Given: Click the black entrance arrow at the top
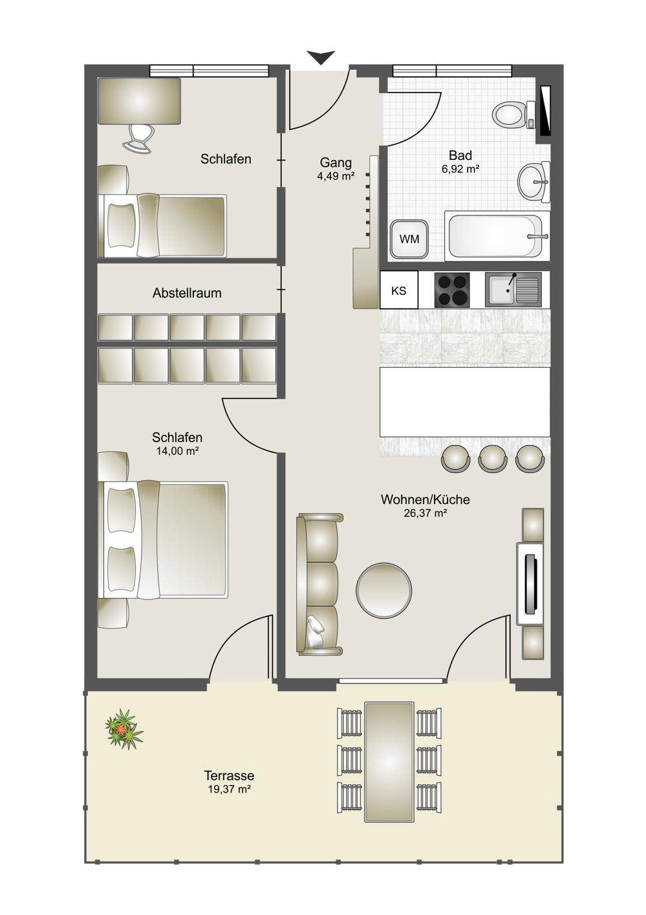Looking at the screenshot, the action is pos(321,57).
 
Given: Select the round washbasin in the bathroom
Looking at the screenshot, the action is pos(534,182).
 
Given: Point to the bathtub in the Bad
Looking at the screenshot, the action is pos(497,236).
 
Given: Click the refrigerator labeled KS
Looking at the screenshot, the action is pos(399,291).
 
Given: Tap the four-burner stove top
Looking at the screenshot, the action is pos(452,290).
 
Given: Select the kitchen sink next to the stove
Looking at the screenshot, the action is pos(513,290).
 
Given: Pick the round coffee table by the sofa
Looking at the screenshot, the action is pos(383,590).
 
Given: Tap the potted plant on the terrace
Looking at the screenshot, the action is pos(124,730).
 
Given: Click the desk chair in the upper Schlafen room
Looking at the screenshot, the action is pos(139,138).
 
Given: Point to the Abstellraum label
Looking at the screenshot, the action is pos(187,293).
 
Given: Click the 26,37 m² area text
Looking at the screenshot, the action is pos(425,513).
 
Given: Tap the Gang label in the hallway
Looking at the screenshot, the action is pos(336,162).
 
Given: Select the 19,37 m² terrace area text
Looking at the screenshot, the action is pos(229,789).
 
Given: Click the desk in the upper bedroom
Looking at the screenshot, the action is pos(139,101).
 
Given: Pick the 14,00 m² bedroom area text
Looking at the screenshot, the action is pos(177,451).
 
